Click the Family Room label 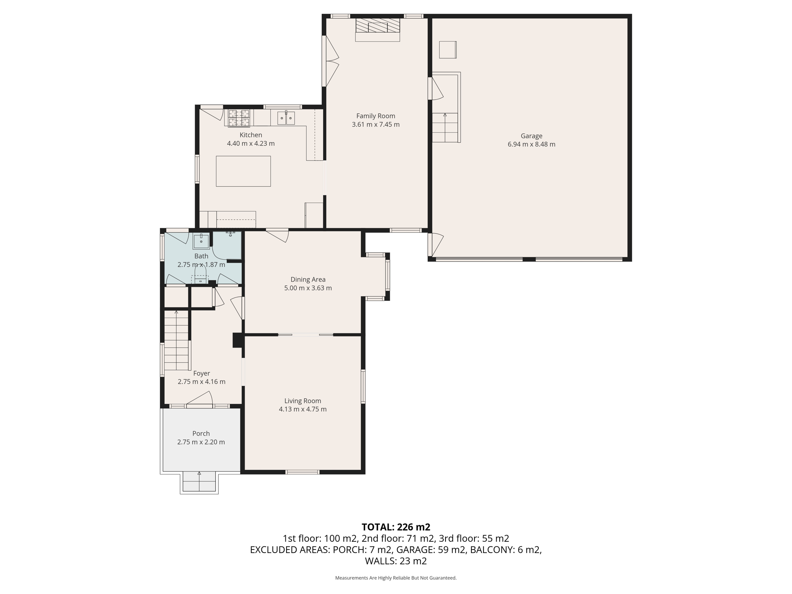click(376, 116)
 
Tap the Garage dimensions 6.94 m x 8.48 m click(531, 144)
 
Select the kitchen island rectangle click(243, 171)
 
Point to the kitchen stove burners click(239, 118)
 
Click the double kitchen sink click(286, 118)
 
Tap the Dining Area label click(308, 279)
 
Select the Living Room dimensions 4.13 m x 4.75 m click(302, 409)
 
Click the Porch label click(201, 434)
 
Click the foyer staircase click(177, 340)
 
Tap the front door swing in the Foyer click(201, 398)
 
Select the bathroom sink click(201, 241)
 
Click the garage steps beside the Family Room click(445, 127)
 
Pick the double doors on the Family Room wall click(331, 61)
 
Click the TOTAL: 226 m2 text click(396, 527)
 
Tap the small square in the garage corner click(447, 50)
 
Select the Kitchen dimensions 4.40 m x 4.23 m click(251, 143)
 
